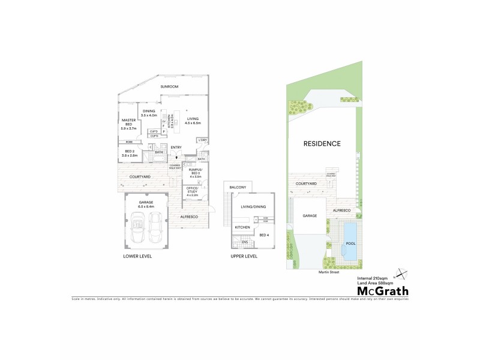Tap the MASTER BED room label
(x=129, y=124)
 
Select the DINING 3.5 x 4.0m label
(x=148, y=113)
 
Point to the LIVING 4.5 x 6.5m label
(x=193, y=121)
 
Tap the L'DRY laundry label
(x=202, y=140)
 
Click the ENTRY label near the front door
(x=176, y=148)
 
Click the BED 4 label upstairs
(x=264, y=235)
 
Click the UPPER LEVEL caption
(x=244, y=256)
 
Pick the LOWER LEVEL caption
(x=138, y=256)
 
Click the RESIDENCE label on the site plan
(x=322, y=143)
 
